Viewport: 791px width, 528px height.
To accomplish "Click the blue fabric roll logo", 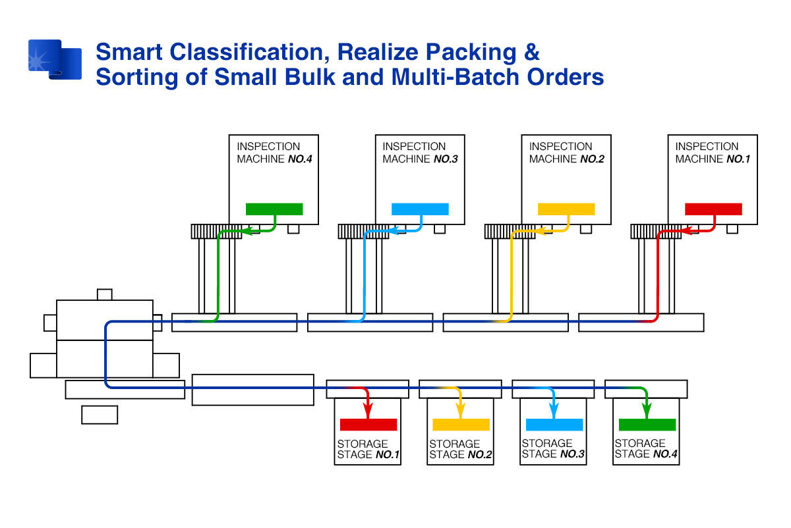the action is (55, 60).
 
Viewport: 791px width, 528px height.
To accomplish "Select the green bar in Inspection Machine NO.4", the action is (274, 209).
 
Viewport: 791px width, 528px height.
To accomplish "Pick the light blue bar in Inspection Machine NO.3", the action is (421, 209).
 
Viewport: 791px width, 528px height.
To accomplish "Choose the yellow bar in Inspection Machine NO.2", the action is (566, 209).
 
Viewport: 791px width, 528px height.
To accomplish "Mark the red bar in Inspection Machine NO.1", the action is (713, 209).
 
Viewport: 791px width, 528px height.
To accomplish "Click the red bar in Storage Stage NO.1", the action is (368, 425).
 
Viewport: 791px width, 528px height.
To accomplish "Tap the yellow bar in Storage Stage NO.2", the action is (461, 425).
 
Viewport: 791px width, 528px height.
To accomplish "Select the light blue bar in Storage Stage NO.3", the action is (554, 425).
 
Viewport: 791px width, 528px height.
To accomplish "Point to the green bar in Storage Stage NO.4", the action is (647, 425).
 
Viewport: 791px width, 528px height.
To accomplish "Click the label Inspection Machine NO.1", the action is (713, 153).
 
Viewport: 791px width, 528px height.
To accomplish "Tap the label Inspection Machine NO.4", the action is (274, 153).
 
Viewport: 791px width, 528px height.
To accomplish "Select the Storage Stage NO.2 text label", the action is (461, 449).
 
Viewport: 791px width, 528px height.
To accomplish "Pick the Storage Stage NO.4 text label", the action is (646, 448).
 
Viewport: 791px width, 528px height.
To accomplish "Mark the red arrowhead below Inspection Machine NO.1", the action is (686, 231).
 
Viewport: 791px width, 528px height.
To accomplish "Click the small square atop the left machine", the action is (105, 294).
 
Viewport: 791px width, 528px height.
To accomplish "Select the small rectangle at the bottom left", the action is (100, 415).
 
